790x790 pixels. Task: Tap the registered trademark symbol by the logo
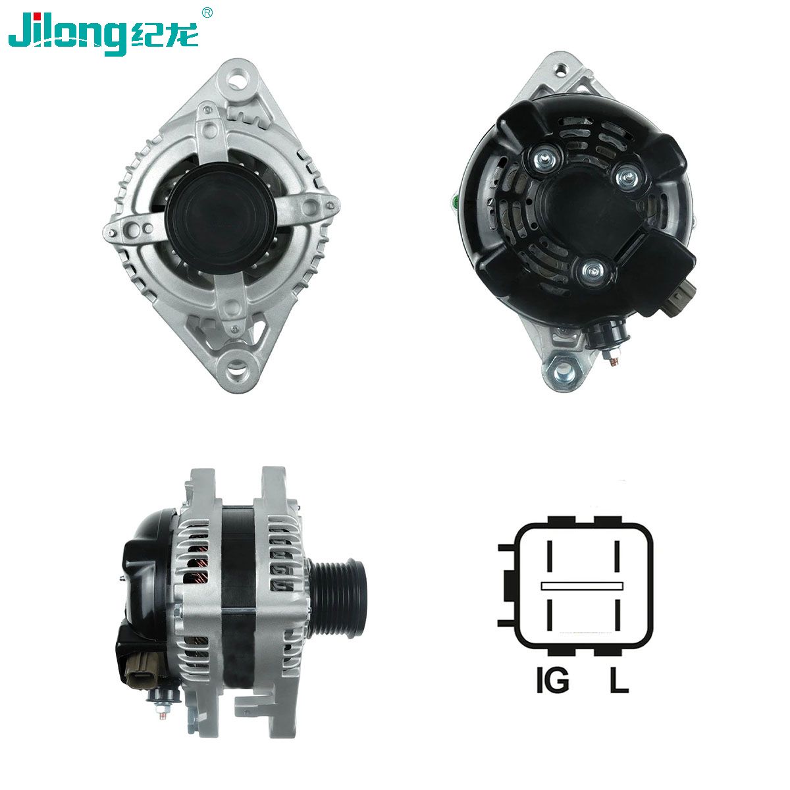tap(207, 13)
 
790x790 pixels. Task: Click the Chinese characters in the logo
tap(165, 34)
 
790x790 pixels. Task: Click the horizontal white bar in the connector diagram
tap(582, 586)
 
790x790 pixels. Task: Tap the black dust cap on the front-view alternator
tap(221, 218)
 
